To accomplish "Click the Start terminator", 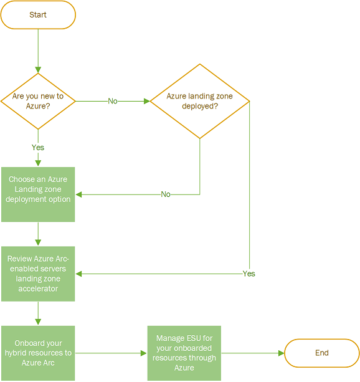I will [38, 15].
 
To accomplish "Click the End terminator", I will [321, 353].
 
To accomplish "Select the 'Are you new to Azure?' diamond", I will [38, 100].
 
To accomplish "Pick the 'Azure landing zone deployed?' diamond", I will [200, 100].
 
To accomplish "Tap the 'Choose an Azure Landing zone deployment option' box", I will [38, 194].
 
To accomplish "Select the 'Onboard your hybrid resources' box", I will [38, 353].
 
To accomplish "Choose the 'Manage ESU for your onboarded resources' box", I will [184, 353].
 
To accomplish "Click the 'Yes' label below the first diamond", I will [38, 148].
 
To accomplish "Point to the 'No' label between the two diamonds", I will [113, 101].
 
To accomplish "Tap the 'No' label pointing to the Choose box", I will [166, 194].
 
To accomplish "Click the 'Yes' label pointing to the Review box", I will [249, 274].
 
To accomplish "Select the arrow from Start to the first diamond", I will [38, 50].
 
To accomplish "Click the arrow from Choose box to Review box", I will [38, 234].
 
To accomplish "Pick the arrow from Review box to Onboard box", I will [38, 313].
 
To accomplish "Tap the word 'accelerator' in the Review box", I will [38, 289].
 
